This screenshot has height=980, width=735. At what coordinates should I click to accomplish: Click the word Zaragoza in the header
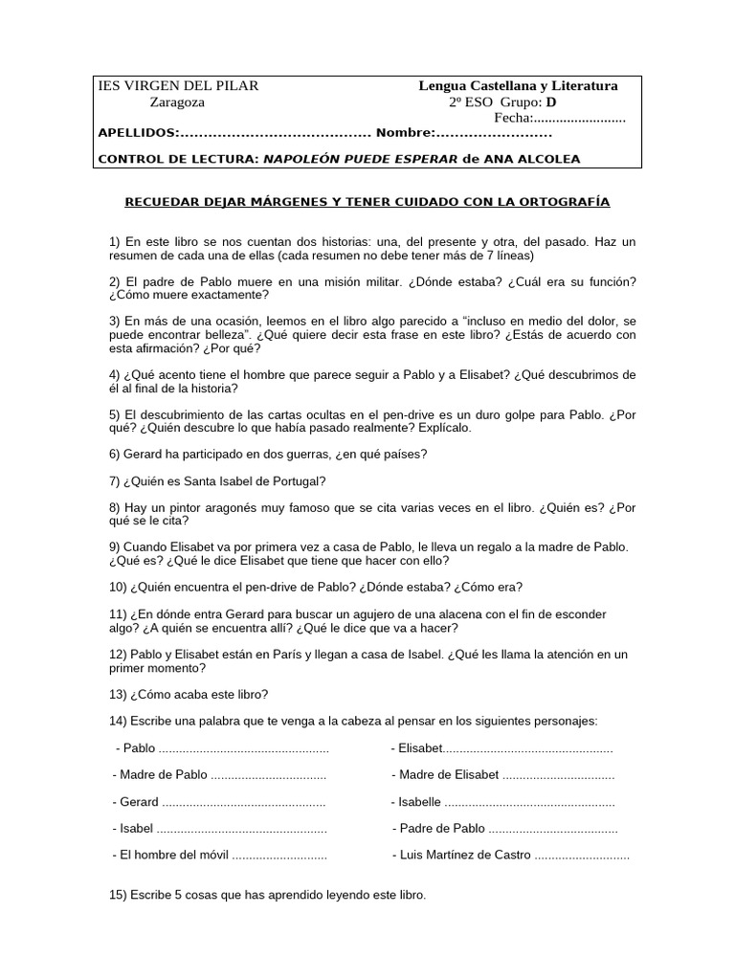tap(177, 102)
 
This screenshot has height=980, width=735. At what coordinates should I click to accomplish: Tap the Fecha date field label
tap(512, 119)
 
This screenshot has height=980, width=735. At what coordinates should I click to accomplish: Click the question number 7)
tap(117, 480)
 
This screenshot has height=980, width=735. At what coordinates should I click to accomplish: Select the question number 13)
tap(120, 694)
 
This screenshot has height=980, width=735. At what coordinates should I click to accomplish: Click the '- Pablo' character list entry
tap(135, 748)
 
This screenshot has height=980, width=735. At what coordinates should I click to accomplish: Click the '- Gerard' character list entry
tap(136, 802)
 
